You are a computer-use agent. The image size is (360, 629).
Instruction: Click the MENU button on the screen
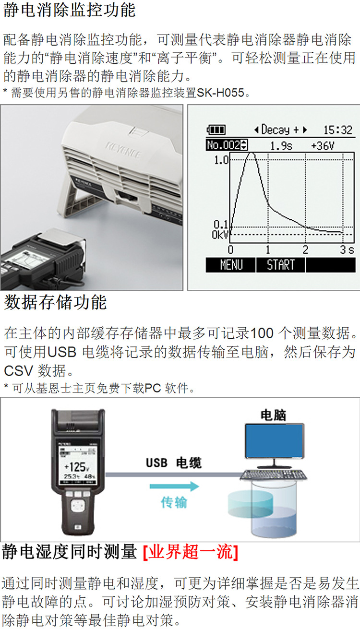(x=231, y=265)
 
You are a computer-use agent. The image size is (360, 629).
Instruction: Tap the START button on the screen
(x=280, y=265)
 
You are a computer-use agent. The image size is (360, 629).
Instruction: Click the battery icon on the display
(x=216, y=130)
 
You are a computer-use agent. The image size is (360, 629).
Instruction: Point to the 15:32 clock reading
(x=337, y=130)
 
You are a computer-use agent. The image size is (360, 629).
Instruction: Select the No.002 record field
(x=227, y=145)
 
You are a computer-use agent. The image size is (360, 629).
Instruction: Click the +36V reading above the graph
(x=323, y=146)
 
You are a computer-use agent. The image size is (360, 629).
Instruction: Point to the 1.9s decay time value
(x=281, y=146)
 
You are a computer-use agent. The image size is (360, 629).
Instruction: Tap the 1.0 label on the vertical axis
(x=221, y=160)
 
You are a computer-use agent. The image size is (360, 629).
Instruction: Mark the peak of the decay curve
(x=252, y=154)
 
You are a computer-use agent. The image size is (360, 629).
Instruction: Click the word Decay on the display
(x=276, y=130)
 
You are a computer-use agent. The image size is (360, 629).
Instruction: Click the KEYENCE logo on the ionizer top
(x=123, y=150)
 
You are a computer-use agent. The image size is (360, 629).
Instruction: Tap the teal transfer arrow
(x=174, y=486)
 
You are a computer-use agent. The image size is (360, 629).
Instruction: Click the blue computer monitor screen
(x=274, y=441)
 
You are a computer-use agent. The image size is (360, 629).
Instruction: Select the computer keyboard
(x=273, y=475)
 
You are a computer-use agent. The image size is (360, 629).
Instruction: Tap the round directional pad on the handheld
(x=78, y=505)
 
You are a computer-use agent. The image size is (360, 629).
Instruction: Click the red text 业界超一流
(x=191, y=552)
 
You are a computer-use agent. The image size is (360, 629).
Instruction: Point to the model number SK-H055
(x=221, y=93)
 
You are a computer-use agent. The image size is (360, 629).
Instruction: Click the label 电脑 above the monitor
(x=273, y=415)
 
